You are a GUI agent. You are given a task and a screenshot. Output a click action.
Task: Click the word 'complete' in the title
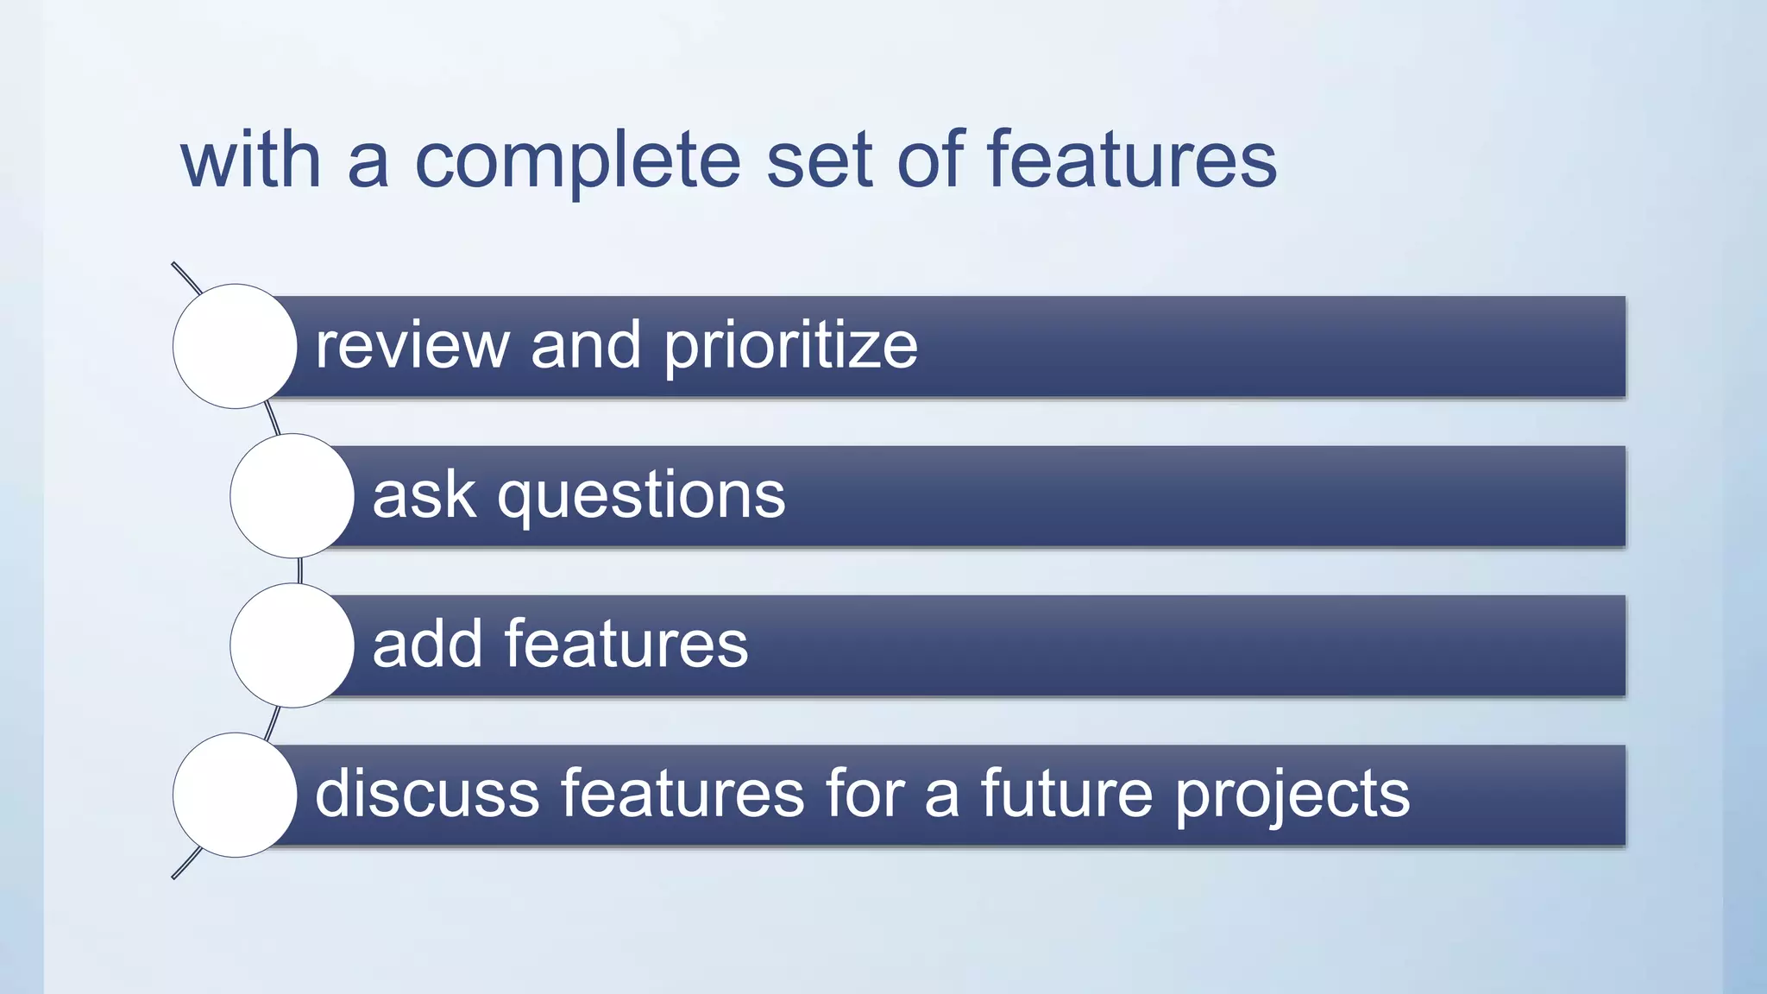[577, 161]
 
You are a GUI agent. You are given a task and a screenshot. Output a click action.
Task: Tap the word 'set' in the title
[819, 161]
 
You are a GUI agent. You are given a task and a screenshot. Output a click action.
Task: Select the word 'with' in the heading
[251, 161]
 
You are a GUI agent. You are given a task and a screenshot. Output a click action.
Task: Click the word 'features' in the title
[1131, 161]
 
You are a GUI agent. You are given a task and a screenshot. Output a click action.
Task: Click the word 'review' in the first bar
[412, 346]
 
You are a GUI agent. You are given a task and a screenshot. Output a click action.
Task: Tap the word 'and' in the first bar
[586, 346]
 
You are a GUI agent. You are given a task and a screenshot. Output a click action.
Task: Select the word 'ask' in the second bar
[424, 496]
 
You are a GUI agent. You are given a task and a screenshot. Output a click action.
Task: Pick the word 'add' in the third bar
[427, 645]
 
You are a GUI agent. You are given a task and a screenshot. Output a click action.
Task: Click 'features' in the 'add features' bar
[626, 645]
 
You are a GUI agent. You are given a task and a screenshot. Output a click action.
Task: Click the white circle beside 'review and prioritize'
[235, 346]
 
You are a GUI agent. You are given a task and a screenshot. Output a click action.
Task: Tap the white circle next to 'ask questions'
[292, 496]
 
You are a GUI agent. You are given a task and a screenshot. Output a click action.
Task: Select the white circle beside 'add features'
[292, 645]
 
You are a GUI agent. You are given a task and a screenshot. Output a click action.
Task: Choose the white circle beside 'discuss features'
[235, 795]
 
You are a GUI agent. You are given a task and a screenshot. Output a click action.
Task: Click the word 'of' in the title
[930, 161]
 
